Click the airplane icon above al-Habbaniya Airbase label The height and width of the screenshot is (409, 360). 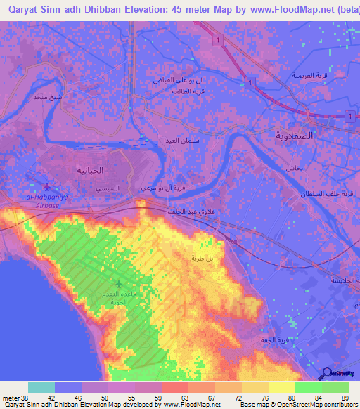[x=47, y=186]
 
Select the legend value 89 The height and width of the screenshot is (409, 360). [x=345, y=397]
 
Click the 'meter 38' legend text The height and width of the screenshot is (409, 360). [x=13, y=397]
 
